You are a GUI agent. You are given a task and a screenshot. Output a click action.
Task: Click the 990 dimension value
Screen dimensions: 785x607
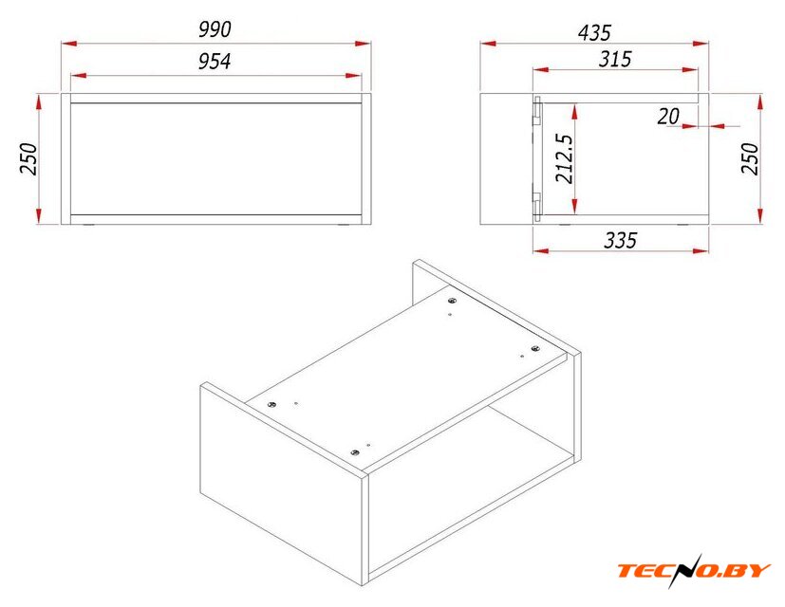(215, 29)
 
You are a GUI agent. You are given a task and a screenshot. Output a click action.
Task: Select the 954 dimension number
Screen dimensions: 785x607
(215, 61)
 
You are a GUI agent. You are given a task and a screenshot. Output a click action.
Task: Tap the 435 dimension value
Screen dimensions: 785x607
(594, 32)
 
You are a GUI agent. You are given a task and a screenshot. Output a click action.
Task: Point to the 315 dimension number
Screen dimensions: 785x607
(615, 59)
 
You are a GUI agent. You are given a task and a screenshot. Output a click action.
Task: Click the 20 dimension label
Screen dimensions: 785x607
(668, 117)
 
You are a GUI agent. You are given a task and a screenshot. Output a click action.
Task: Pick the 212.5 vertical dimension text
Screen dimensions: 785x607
(564, 158)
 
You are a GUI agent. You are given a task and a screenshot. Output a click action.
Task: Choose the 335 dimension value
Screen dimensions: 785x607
(620, 240)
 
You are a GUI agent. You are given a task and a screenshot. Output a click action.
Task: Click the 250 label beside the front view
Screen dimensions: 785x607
(28, 158)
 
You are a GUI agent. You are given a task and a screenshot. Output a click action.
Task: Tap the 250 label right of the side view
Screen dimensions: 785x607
(750, 158)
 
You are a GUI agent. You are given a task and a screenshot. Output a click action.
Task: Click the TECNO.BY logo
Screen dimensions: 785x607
(694, 570)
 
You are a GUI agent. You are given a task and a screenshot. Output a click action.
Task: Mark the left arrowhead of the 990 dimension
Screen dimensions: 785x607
(69, 44)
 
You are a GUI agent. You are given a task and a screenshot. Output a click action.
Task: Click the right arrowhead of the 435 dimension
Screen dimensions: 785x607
(701, 44)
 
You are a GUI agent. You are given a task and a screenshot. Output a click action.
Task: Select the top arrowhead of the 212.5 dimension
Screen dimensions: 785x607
(574, 111)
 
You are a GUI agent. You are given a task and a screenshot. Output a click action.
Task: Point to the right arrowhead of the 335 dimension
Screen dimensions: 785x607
(701, 250)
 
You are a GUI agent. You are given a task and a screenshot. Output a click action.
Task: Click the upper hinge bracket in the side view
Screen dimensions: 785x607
(536, 111)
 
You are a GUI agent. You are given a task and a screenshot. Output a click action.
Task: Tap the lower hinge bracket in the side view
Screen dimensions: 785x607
(536, 206)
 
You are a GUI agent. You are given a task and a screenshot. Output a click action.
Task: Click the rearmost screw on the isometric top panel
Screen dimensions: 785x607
(452, 301)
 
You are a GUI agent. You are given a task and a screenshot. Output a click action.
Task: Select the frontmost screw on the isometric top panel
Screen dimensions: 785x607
(355, 452)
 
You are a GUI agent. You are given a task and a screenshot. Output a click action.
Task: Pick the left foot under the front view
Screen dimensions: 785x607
(88, 225)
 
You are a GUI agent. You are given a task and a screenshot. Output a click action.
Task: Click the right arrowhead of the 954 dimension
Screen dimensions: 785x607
(353, 76)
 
